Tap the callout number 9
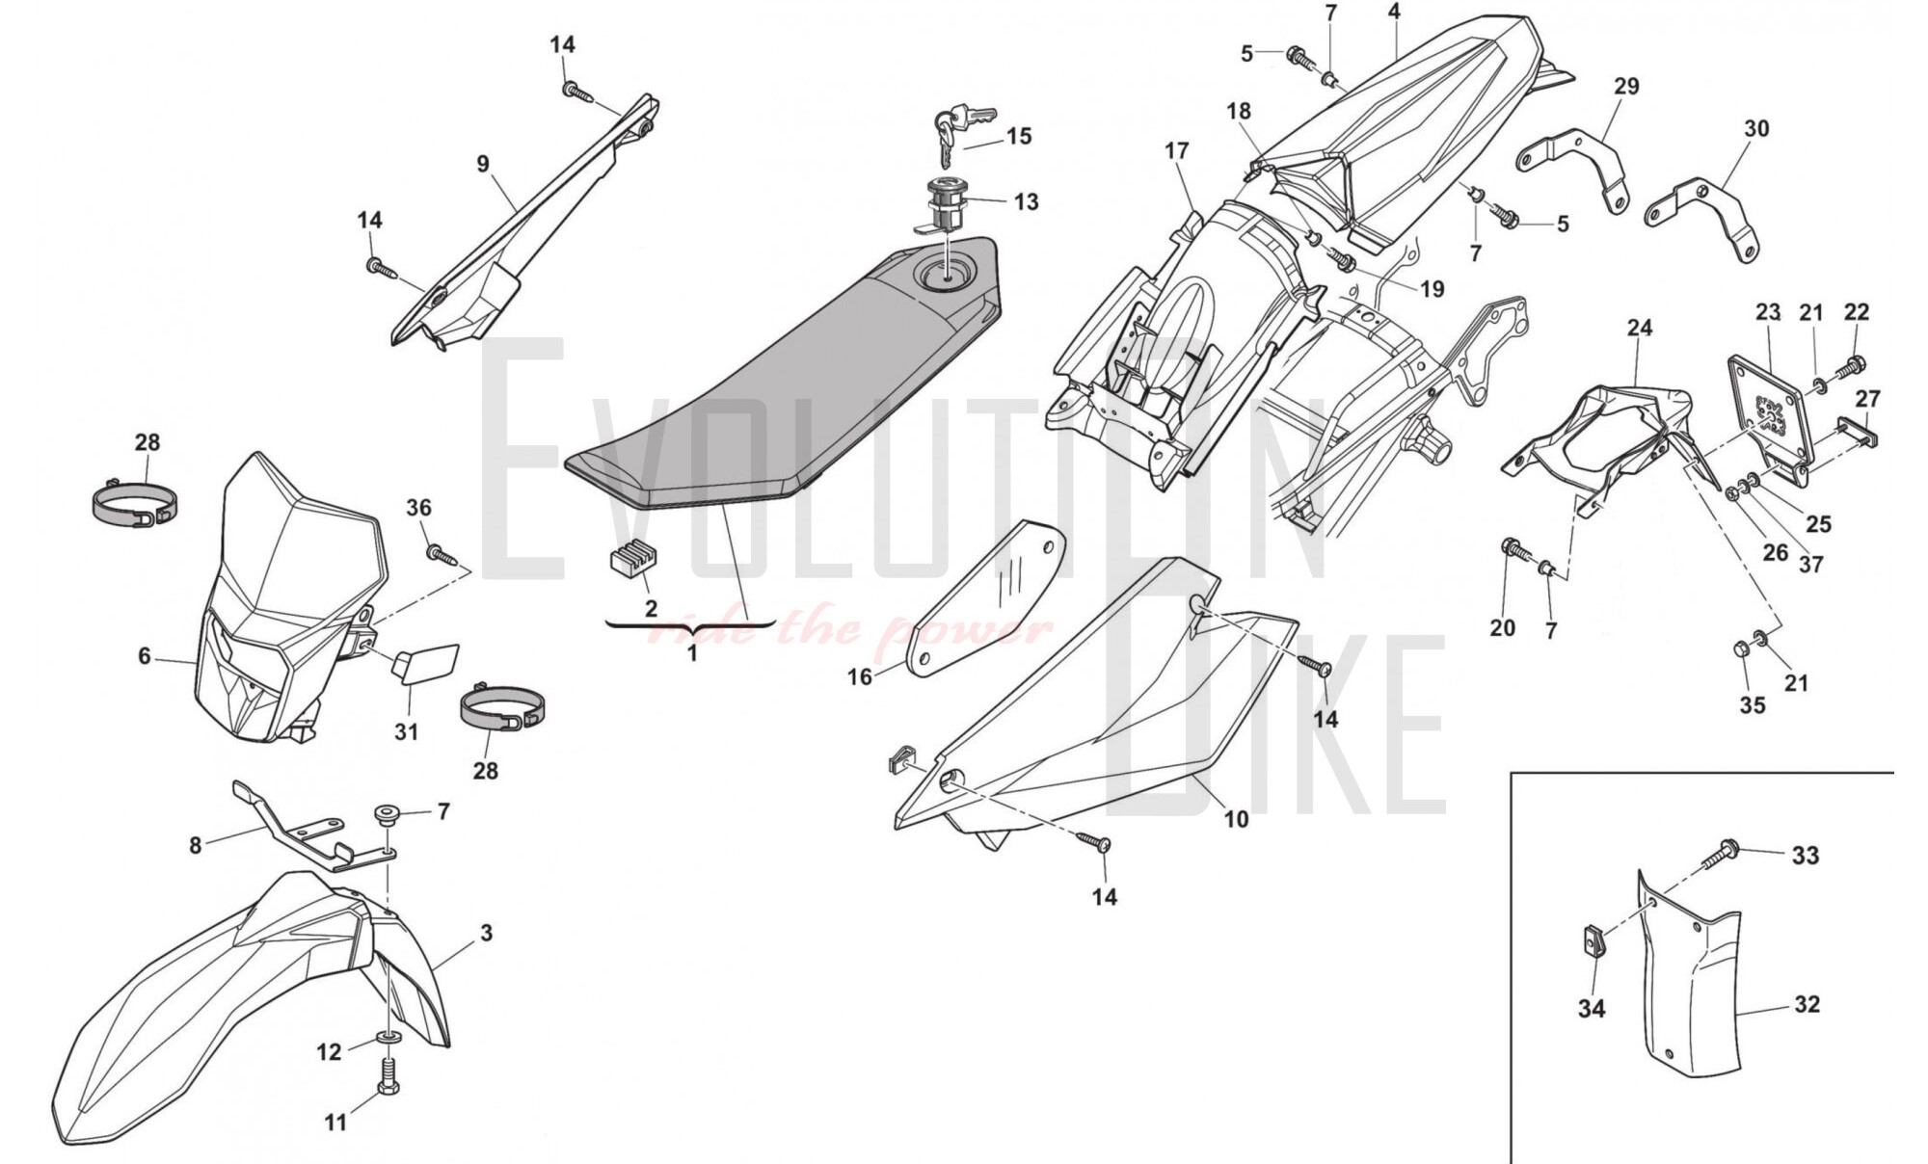pos(483,165)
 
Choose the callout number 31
pos(407,732)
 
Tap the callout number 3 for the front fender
pos(487,933)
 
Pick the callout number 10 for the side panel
pos(1236,819)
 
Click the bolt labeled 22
pos(1852,367)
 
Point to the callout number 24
pos(1640,328)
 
